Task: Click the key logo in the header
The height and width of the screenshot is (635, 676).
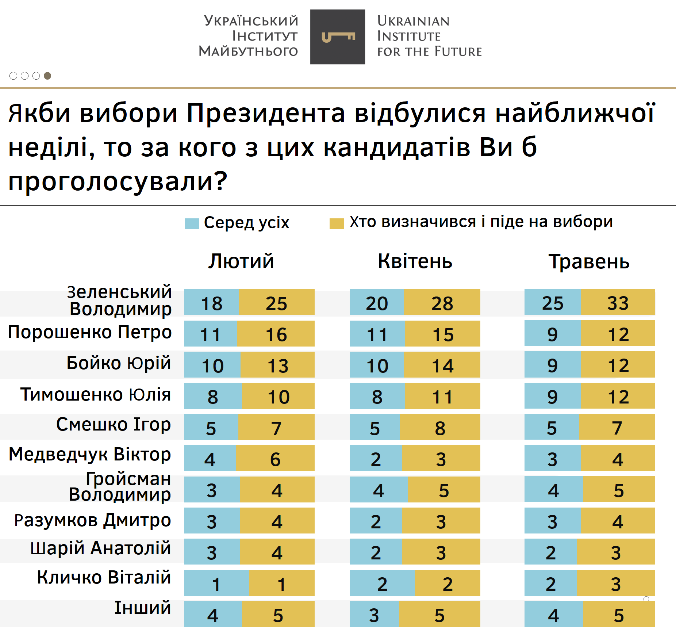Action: [x=338, y=37]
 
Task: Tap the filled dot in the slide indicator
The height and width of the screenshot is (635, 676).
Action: [x=47, y=76]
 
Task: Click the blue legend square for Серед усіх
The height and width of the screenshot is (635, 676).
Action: [x=192, y=223]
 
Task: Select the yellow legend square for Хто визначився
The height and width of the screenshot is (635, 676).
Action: [x=337, y=223]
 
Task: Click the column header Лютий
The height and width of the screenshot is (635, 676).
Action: [x=241, y=261]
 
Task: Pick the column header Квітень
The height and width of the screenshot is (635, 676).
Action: [x=415, y=261]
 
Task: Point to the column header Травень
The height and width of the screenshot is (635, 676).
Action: [x=589, y=261]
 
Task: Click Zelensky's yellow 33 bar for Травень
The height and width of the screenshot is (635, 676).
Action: [x=618, y=302]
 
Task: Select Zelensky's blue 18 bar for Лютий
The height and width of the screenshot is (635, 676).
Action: [x=211, y=302]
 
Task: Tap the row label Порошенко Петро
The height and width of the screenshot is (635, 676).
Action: [x=90, y=332]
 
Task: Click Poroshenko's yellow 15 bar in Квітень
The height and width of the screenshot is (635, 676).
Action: [x=443, y=334]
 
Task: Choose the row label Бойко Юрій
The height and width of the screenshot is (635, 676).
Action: [x=119, y=363]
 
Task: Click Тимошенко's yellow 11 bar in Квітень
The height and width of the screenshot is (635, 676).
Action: [x=443, y=396]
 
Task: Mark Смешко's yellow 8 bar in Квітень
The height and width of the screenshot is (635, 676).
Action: [x=440, y=427]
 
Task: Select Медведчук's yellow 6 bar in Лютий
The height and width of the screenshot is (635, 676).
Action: [x=276, y=458]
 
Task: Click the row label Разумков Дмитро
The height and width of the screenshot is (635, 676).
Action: [x=92, y=520]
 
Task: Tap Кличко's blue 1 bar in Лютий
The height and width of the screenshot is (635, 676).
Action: [x=216, y=583]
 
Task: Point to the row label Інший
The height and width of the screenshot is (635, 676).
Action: [x=143, y=608]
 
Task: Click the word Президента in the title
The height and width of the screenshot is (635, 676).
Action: [x=266, y=113]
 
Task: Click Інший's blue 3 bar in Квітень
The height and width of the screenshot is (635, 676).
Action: [x=374, y=614]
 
